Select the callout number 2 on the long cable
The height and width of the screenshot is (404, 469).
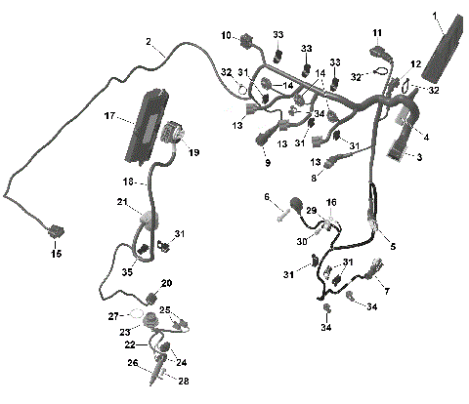[149, 42]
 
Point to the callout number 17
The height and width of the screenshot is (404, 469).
[110, 116]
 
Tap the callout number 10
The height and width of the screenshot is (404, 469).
[225, 36]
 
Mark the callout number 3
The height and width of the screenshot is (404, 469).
[421, 156]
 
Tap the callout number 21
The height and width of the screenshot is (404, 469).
[123, 202]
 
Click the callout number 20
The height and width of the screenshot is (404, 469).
[166, 283]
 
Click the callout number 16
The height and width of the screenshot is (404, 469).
[331, 201]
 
